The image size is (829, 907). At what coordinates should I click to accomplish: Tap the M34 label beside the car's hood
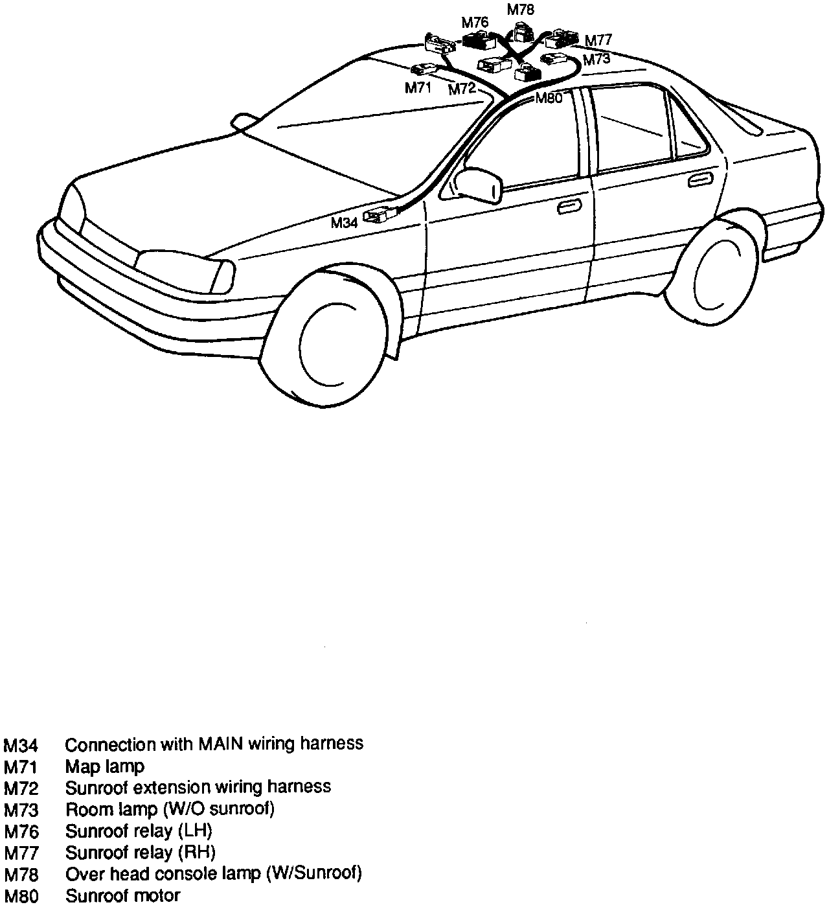344,223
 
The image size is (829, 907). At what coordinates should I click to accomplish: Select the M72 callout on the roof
462,89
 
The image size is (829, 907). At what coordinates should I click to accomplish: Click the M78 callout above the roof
520,10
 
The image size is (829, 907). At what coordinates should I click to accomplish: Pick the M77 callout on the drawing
598,40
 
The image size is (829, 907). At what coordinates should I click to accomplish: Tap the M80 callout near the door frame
549,98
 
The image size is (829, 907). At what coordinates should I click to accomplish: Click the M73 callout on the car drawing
596,60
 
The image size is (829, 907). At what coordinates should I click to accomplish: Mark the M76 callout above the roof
475,23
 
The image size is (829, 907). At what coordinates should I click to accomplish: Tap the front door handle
569,207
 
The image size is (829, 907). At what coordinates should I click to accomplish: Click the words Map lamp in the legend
105,766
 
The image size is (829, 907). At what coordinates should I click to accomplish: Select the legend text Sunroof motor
122,896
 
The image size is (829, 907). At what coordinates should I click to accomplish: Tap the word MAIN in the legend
221,744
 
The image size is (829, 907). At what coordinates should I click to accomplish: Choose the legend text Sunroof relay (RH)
141,852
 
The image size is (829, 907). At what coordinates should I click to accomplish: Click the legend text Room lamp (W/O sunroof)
170,809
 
